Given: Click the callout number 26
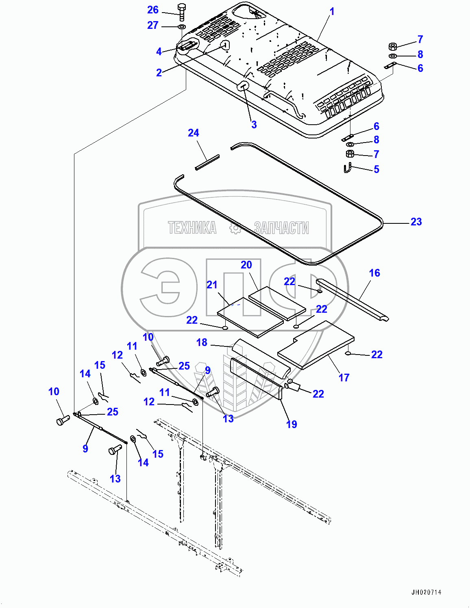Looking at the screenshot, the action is click(153, 10).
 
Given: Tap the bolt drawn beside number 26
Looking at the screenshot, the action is click(181, 12).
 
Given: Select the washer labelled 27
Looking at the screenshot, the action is click(181, 27).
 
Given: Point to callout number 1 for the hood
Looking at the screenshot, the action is click(332, 12).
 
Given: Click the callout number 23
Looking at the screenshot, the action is click(416, 222).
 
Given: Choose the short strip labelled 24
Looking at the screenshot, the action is click(207, 162).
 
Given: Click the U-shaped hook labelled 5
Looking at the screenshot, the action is click(347, 168).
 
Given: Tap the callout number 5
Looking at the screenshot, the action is click(376, 169).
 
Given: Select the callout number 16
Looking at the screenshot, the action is click(374, 273).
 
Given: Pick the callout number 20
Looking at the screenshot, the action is click(246, 265).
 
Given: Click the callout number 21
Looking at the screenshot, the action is click(212, 285).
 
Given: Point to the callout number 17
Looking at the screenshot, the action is click(344, 378).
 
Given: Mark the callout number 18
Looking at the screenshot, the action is click(202, 342).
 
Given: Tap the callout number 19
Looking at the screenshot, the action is click(291, 424).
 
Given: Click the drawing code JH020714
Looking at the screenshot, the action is click(426, 592).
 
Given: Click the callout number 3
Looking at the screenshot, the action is click(254, 125).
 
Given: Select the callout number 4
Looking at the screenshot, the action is click(159, 52).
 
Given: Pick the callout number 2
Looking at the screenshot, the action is click(159, 73).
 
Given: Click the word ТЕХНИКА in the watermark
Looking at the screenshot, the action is click(192, 227).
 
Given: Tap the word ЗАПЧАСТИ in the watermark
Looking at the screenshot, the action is click(281, 227).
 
